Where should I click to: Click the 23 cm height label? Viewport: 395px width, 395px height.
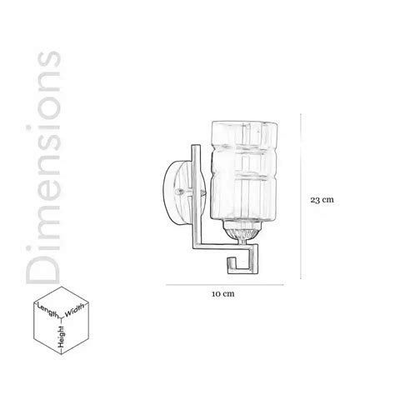(322, 200)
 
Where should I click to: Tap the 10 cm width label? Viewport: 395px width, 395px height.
(222, 293)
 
